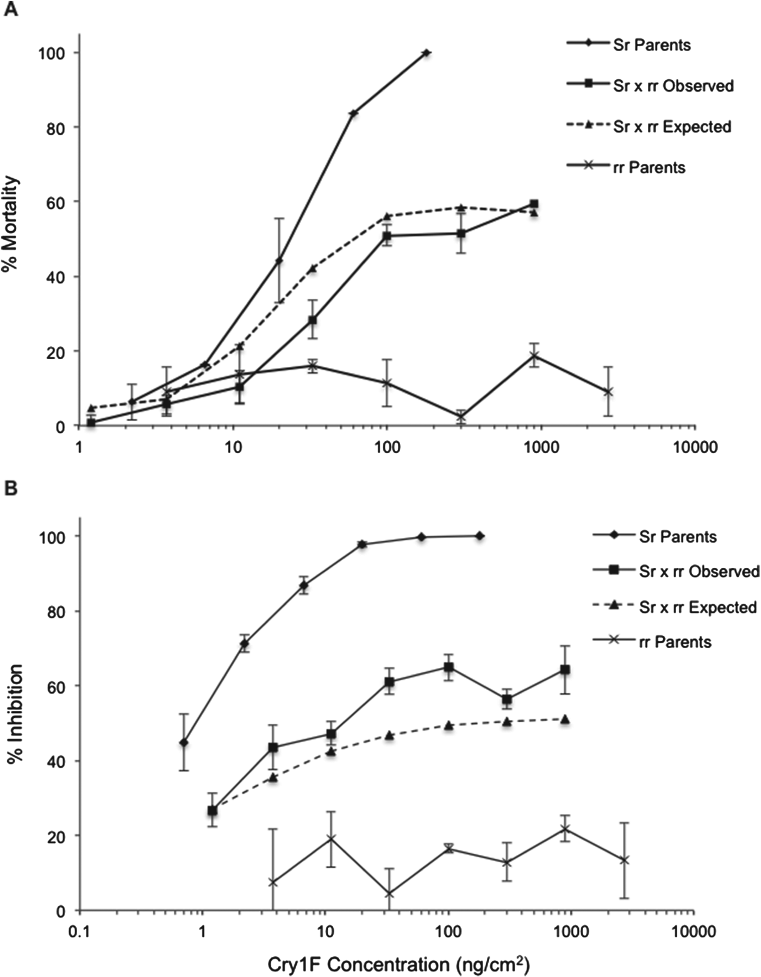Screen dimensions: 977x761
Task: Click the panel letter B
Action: (10, 488)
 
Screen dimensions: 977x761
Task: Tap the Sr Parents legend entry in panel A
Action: (651, 45)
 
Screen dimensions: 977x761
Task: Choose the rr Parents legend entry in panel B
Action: (675, 642)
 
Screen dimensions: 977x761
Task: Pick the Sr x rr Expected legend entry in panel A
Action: (671, 127)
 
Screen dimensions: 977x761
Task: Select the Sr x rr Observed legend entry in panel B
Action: (698, 571)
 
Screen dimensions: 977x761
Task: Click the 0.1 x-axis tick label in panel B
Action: (79, 931)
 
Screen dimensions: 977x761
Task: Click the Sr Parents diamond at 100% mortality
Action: (426, 53)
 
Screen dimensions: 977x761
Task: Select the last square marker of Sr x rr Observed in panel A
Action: (534, 204)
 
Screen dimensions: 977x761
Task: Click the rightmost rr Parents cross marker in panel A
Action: (608, 392)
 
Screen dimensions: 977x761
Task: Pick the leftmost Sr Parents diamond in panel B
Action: (184, 742)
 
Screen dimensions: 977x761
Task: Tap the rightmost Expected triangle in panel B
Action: (565, 719)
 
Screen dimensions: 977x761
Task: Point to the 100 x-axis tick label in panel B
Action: (448, 931)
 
